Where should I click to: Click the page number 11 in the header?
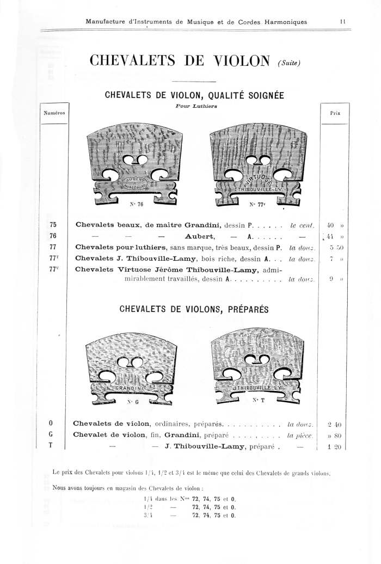click(x=343, y=22)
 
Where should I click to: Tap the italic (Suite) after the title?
click(x=288, y=64)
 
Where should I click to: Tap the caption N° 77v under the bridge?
click(x=257, y=205)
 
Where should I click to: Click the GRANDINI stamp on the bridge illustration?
click(x=129, y=389)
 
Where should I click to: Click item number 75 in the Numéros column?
click(x=53, y=224)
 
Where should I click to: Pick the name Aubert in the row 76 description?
click(x=201, y=236)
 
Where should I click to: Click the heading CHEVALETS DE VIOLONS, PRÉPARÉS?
click(x=194, y=309)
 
